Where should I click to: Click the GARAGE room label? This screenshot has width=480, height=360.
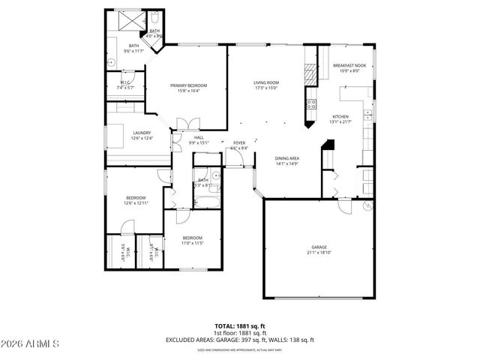pos(319,247)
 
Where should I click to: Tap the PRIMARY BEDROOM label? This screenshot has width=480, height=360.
pos(188,85)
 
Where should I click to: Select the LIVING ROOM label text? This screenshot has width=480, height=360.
pos(265,82)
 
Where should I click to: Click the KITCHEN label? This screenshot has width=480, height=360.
pos(340,116)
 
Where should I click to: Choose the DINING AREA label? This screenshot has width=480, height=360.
pos(288,158)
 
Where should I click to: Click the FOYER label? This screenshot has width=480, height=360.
pos(239,142)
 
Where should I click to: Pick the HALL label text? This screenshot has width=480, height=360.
pos(199,137)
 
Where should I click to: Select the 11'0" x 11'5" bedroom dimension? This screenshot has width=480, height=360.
pos(193,243)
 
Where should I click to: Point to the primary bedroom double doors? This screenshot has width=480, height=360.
pos(186,123)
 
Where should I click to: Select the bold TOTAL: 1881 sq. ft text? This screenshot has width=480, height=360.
pos(239,327)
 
